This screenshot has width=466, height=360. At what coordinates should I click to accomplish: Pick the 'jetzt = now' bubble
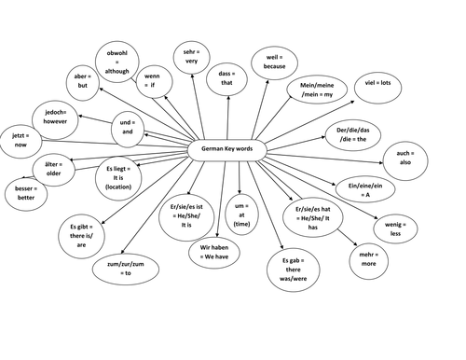coord(20,141)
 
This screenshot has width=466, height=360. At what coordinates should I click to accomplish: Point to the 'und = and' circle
coord(128,128)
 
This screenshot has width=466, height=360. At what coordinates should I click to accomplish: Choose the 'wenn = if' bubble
coord(153,78)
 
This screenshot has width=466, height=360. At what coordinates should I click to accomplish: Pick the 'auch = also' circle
coord(404,157)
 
